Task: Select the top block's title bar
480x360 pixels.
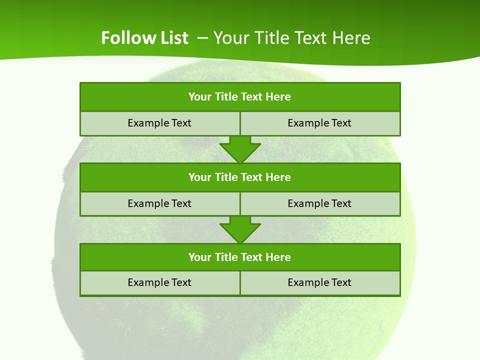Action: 240,97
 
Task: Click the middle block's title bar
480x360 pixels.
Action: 240,177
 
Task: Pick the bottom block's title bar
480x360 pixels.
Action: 240,257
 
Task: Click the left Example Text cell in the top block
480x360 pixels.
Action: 159,123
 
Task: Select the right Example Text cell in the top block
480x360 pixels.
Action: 320,123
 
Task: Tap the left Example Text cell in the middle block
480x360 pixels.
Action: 159,203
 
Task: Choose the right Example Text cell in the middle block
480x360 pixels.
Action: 320,203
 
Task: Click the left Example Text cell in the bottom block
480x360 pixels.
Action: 159,282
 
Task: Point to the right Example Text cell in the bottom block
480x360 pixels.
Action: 320,282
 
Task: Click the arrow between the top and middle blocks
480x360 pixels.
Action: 240,150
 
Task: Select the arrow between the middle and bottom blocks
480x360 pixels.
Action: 240,230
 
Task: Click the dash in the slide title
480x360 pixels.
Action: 202,38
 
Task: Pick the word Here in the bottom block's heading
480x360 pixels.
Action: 278,257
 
